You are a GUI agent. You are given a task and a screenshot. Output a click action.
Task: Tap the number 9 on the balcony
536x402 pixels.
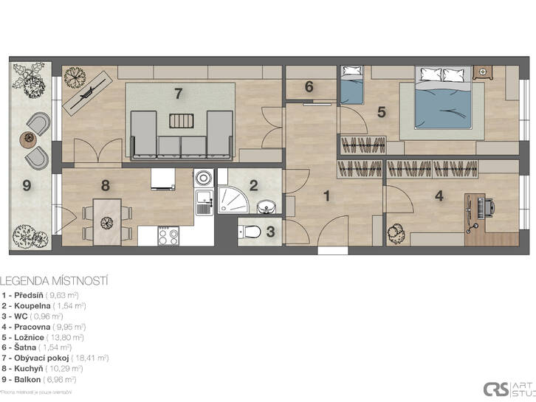pos(27,186)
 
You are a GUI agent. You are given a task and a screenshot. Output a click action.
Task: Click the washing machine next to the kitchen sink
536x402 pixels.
pos(203,179)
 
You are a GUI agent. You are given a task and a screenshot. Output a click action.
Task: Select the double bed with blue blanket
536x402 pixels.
pos(441,103)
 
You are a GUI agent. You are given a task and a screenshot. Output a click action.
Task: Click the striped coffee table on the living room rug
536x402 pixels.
pos(179,122)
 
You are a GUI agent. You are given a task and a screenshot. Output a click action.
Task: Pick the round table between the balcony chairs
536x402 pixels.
pos(29,138)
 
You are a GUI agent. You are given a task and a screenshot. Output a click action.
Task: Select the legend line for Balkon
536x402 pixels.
pos(33,378)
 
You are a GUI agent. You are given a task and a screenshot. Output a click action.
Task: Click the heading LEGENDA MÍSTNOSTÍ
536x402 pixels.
pos(55,281)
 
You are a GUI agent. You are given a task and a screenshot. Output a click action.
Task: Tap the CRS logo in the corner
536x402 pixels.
pos(495,389)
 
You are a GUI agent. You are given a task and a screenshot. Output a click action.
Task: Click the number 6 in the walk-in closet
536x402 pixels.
pos(309,86)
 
